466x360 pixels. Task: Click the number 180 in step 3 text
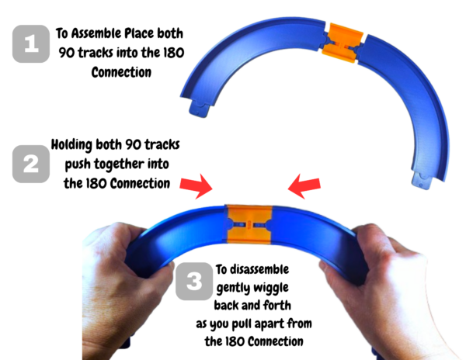[239, 341]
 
